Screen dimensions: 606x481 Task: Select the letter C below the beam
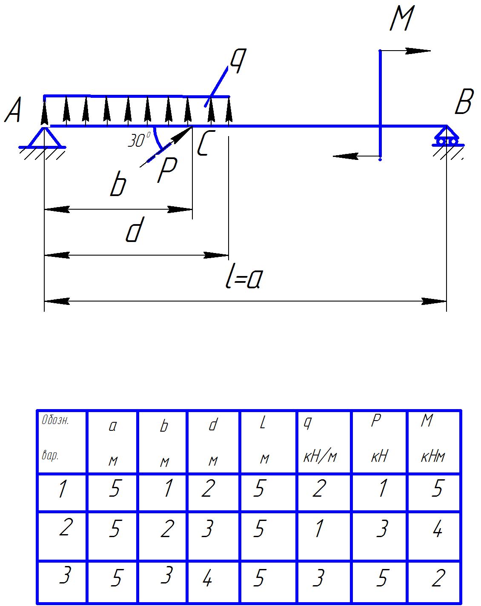point(204,144)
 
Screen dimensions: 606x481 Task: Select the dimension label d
point(134,231)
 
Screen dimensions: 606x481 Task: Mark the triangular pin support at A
point(44,137)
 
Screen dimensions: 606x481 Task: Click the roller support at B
point(447,137)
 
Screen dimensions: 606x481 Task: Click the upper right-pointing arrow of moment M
point(417,51)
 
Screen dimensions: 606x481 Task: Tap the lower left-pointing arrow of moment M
point(345,156)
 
